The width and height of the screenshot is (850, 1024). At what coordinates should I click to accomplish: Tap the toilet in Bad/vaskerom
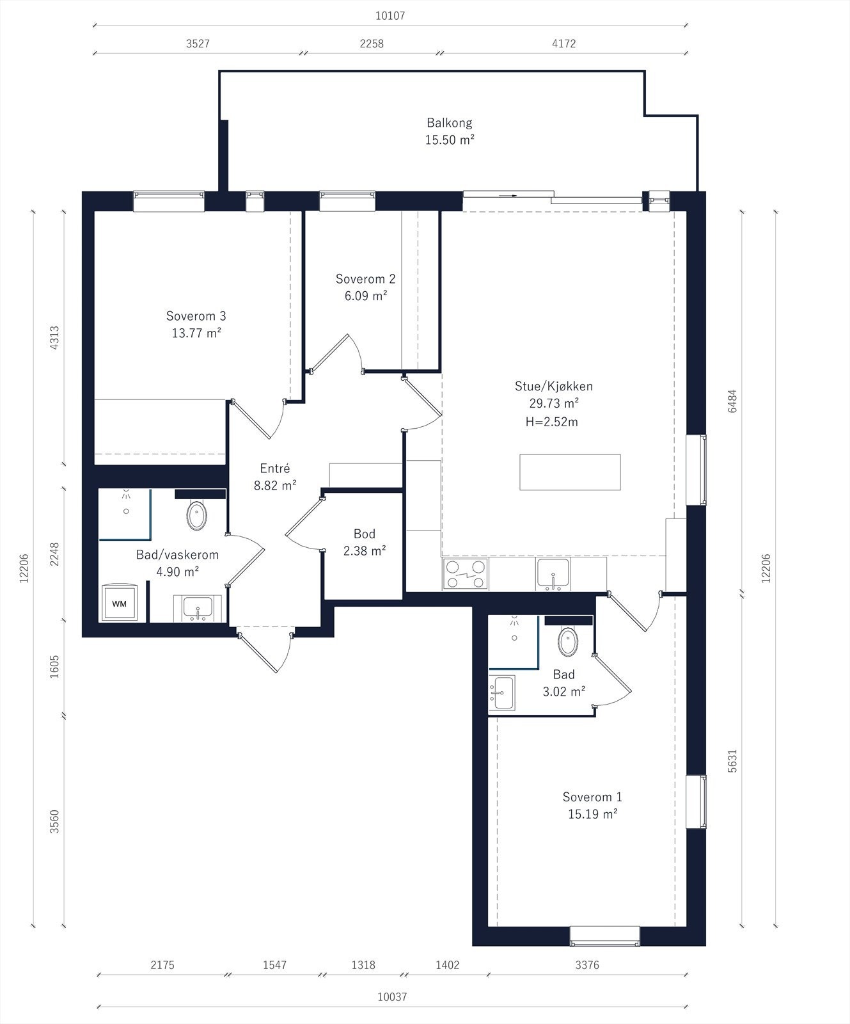pos(197,515)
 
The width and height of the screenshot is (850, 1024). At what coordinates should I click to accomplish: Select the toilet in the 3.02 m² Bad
pos(568,641)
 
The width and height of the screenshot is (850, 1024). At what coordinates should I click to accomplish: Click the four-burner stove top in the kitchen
pos(466,574)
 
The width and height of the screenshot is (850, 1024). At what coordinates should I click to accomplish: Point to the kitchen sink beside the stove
pos(554,573)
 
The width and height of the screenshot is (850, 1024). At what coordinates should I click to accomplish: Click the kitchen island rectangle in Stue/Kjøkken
pos(570,472)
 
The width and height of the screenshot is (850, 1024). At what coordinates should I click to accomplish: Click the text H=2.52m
pos(551,422)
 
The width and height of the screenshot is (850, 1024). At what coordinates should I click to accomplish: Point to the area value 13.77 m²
pos(196,333)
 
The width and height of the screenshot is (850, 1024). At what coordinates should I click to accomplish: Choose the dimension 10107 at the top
pos(390,16)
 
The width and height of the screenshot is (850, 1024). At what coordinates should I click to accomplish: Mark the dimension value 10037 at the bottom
pos(392,996)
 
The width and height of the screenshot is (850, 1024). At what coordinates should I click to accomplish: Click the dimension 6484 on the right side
pos(732,401)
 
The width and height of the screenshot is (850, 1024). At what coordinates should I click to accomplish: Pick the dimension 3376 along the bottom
pos(587,964)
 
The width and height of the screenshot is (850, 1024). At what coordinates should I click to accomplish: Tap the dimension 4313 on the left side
pos(54,337)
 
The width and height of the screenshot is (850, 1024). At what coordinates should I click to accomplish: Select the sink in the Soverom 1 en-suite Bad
pos(503,693)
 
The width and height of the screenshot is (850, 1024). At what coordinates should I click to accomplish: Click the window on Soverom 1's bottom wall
pos(604,936)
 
